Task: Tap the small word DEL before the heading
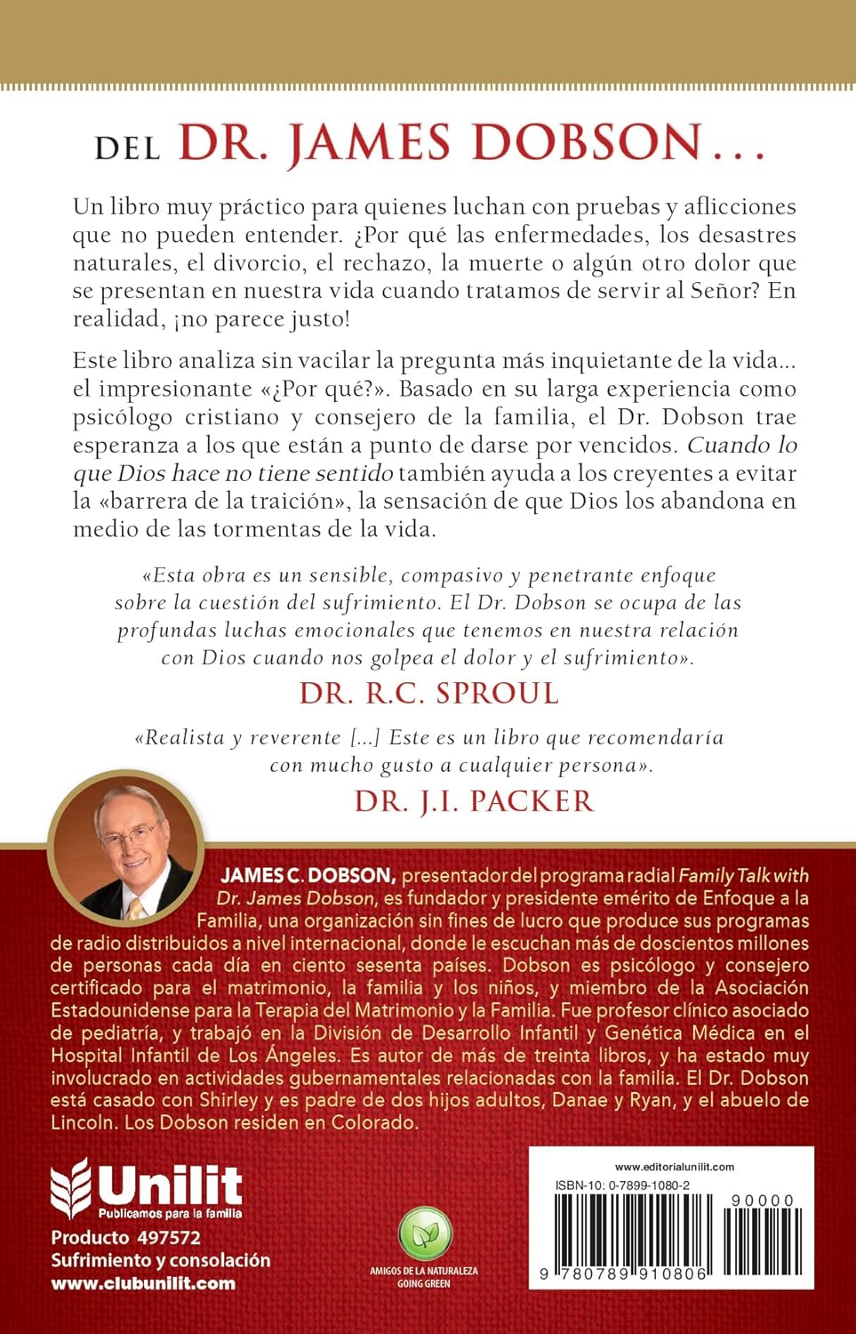tap(128, 148)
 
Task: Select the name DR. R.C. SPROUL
tap(429, 694)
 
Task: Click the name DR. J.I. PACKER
tap(474, 801)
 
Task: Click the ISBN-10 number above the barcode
tap(622, 1185)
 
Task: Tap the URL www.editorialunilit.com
tap(675, 1167)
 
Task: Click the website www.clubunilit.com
tap(143, 1283)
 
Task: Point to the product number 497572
tap(168, 1237)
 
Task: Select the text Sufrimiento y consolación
tap(161, 1260)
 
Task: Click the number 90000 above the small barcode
tap(763, 1201)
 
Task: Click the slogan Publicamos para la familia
tap(170, 1213)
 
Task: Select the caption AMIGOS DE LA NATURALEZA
tap(424, 1271)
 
